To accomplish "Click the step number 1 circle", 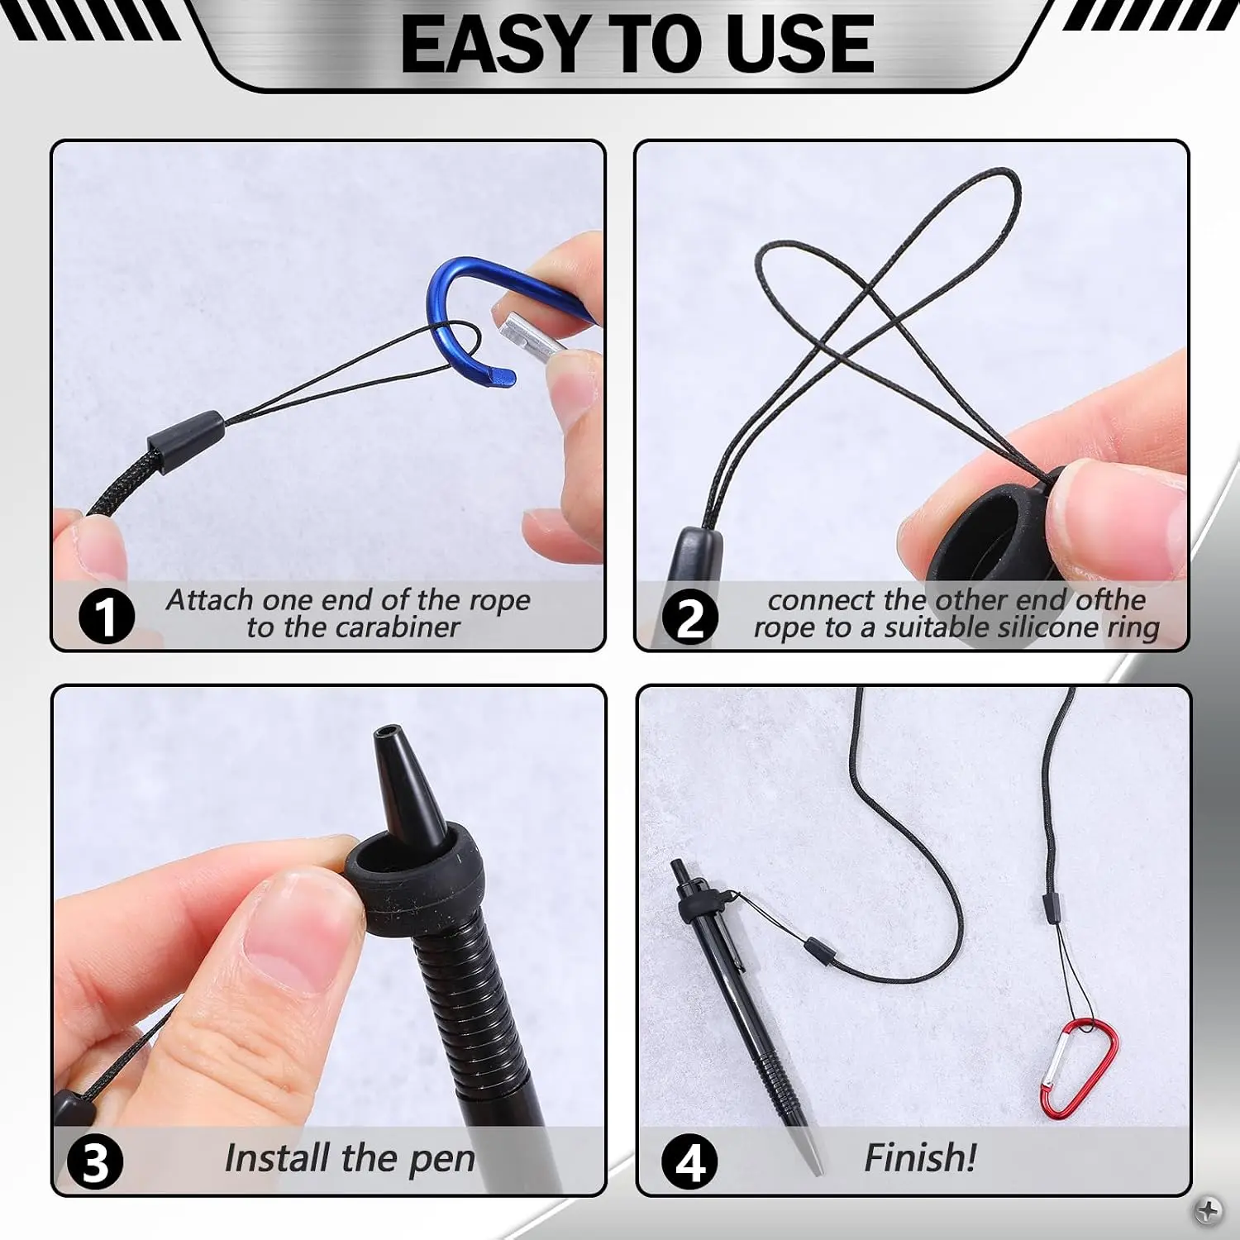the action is tap(107, 616).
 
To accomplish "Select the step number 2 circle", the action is tap(691, 617).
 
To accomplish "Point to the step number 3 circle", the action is tap(95, 1162).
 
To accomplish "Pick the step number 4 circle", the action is tap(690, 1162).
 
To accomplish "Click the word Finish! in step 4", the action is tap(920, 1157).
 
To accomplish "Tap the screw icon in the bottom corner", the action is tap(1209, 1210).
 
